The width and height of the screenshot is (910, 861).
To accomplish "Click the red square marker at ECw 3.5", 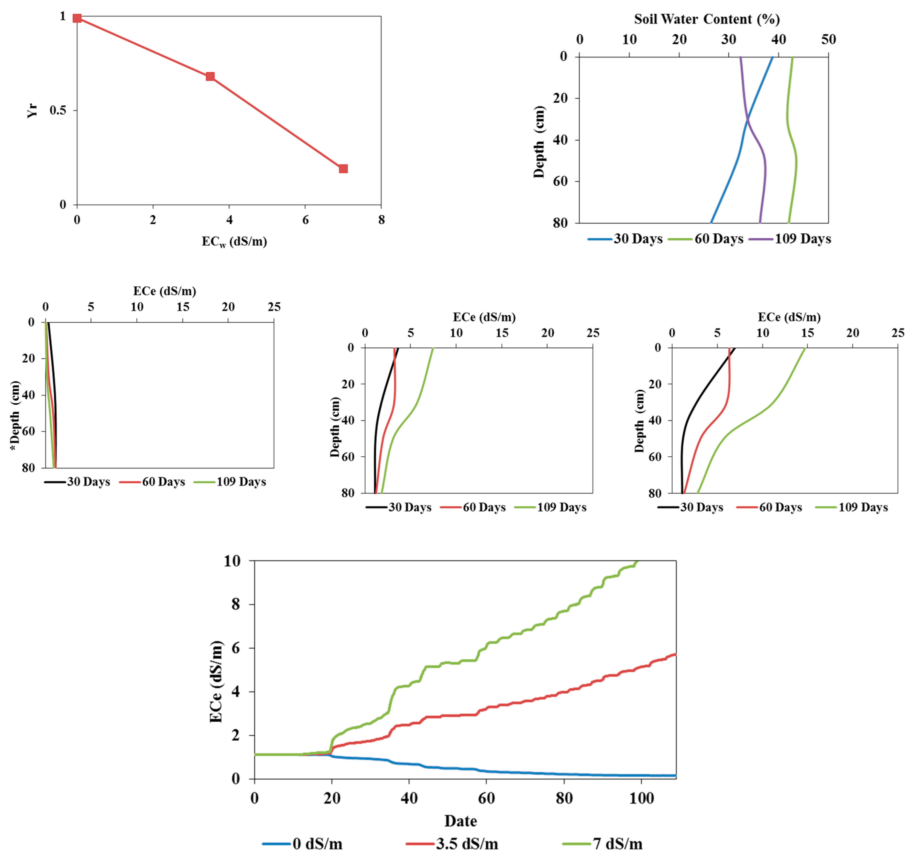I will [210, 76].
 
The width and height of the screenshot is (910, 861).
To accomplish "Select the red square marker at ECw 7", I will [343, 169].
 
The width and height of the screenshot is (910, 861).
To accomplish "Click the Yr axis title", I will [32, 111].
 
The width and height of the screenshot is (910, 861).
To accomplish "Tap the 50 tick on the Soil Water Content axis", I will [828, 40].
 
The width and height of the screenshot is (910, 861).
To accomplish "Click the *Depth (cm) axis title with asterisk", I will [15, 415].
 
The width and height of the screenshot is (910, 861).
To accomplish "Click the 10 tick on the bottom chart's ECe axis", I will [232, 561].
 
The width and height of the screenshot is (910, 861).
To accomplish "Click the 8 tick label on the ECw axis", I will [381, 220].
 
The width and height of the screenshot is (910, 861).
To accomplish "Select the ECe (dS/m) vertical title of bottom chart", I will [216, 681].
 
